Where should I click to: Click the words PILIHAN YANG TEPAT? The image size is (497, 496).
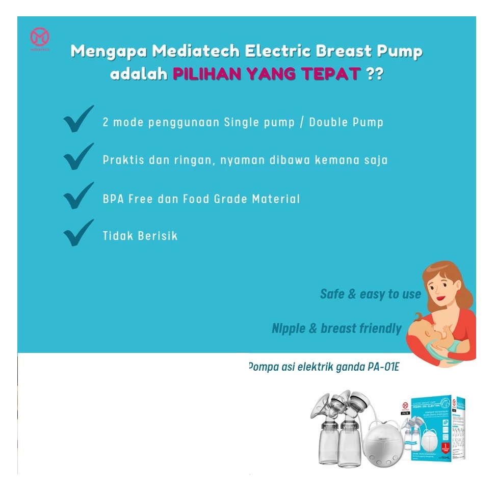point(267,75)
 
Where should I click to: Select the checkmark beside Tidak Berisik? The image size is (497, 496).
point(79,233)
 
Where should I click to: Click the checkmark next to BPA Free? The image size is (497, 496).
point(79,195)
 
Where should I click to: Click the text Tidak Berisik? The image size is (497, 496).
point(140,236)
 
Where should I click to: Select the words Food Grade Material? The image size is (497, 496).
point(242,199)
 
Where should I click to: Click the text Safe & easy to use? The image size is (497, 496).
point(371,294)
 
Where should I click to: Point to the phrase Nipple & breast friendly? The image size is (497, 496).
point(336,328)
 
